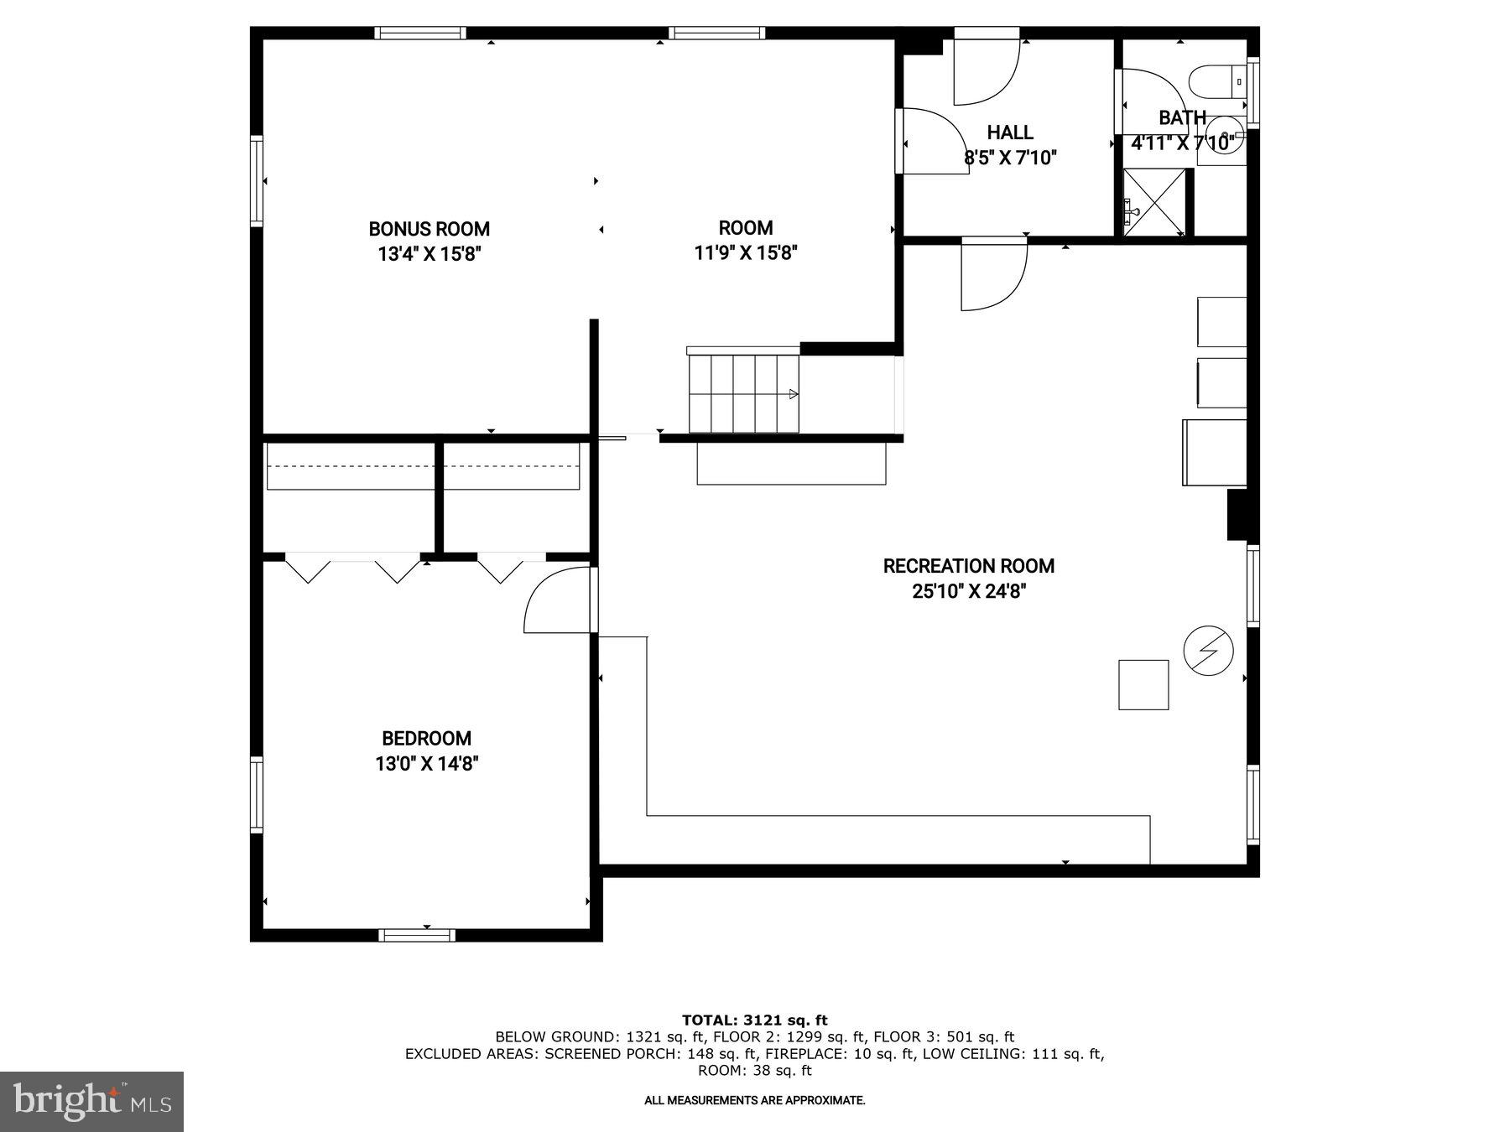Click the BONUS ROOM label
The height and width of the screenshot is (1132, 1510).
429,229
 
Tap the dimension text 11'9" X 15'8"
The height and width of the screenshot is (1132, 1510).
745,252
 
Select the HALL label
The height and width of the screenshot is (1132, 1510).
1009,132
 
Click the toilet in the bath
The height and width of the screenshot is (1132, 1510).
1214,81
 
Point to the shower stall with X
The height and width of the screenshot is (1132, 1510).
1154,202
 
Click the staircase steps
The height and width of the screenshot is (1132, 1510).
743,393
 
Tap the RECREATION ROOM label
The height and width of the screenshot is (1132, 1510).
968,566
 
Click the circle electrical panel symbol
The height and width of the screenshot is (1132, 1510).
1208,650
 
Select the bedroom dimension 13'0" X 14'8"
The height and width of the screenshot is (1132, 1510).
426,764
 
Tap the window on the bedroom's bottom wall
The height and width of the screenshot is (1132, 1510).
416,935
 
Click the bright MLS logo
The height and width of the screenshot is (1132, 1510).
91,1101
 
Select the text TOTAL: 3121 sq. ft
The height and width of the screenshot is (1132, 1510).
754,1020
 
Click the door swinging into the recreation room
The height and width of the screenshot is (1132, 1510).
994,275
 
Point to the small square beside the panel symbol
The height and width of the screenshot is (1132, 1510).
1143,685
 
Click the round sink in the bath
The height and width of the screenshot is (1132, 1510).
1227,138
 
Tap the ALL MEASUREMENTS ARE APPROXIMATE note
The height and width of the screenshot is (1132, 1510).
754,1100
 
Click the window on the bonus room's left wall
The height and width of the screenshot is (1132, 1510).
257,180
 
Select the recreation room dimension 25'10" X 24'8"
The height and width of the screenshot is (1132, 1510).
969,591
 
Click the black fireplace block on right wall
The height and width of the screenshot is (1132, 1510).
1238,515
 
